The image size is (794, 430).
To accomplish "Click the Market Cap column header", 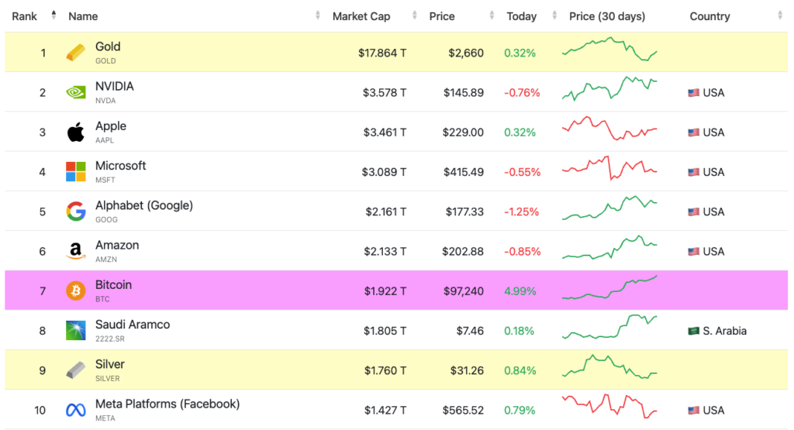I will click(x=361, y=16).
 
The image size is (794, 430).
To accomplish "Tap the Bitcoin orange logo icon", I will click(x=75, y=291).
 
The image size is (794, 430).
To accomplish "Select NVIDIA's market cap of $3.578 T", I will click(x=385, y=93).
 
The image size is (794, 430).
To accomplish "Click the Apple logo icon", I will click(x=75, y=132).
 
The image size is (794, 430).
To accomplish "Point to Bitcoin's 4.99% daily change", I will click(x=520, y=291).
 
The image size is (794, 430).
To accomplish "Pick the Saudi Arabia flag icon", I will click(x=693, y=331).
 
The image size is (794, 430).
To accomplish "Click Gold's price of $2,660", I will click(x=466, y=53).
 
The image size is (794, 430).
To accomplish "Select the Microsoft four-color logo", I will click(x=75, y=172).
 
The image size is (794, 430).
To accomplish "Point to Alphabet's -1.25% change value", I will click(x=522, y=212).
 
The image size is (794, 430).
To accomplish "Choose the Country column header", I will click(x=709, y=16).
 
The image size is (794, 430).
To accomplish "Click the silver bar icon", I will click(x=75, y=370).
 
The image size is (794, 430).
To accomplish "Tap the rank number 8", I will click(x=43, y=331).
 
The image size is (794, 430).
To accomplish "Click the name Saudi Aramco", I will click(x=133, y=325).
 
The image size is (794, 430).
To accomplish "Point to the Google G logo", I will click(x=75, y=212).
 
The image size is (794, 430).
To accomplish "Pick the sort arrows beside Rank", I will click(x=54, y=16).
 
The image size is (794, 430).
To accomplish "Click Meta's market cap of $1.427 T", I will click(x=385, y=411).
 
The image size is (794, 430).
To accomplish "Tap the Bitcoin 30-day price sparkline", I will click(x=609, y=289).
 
